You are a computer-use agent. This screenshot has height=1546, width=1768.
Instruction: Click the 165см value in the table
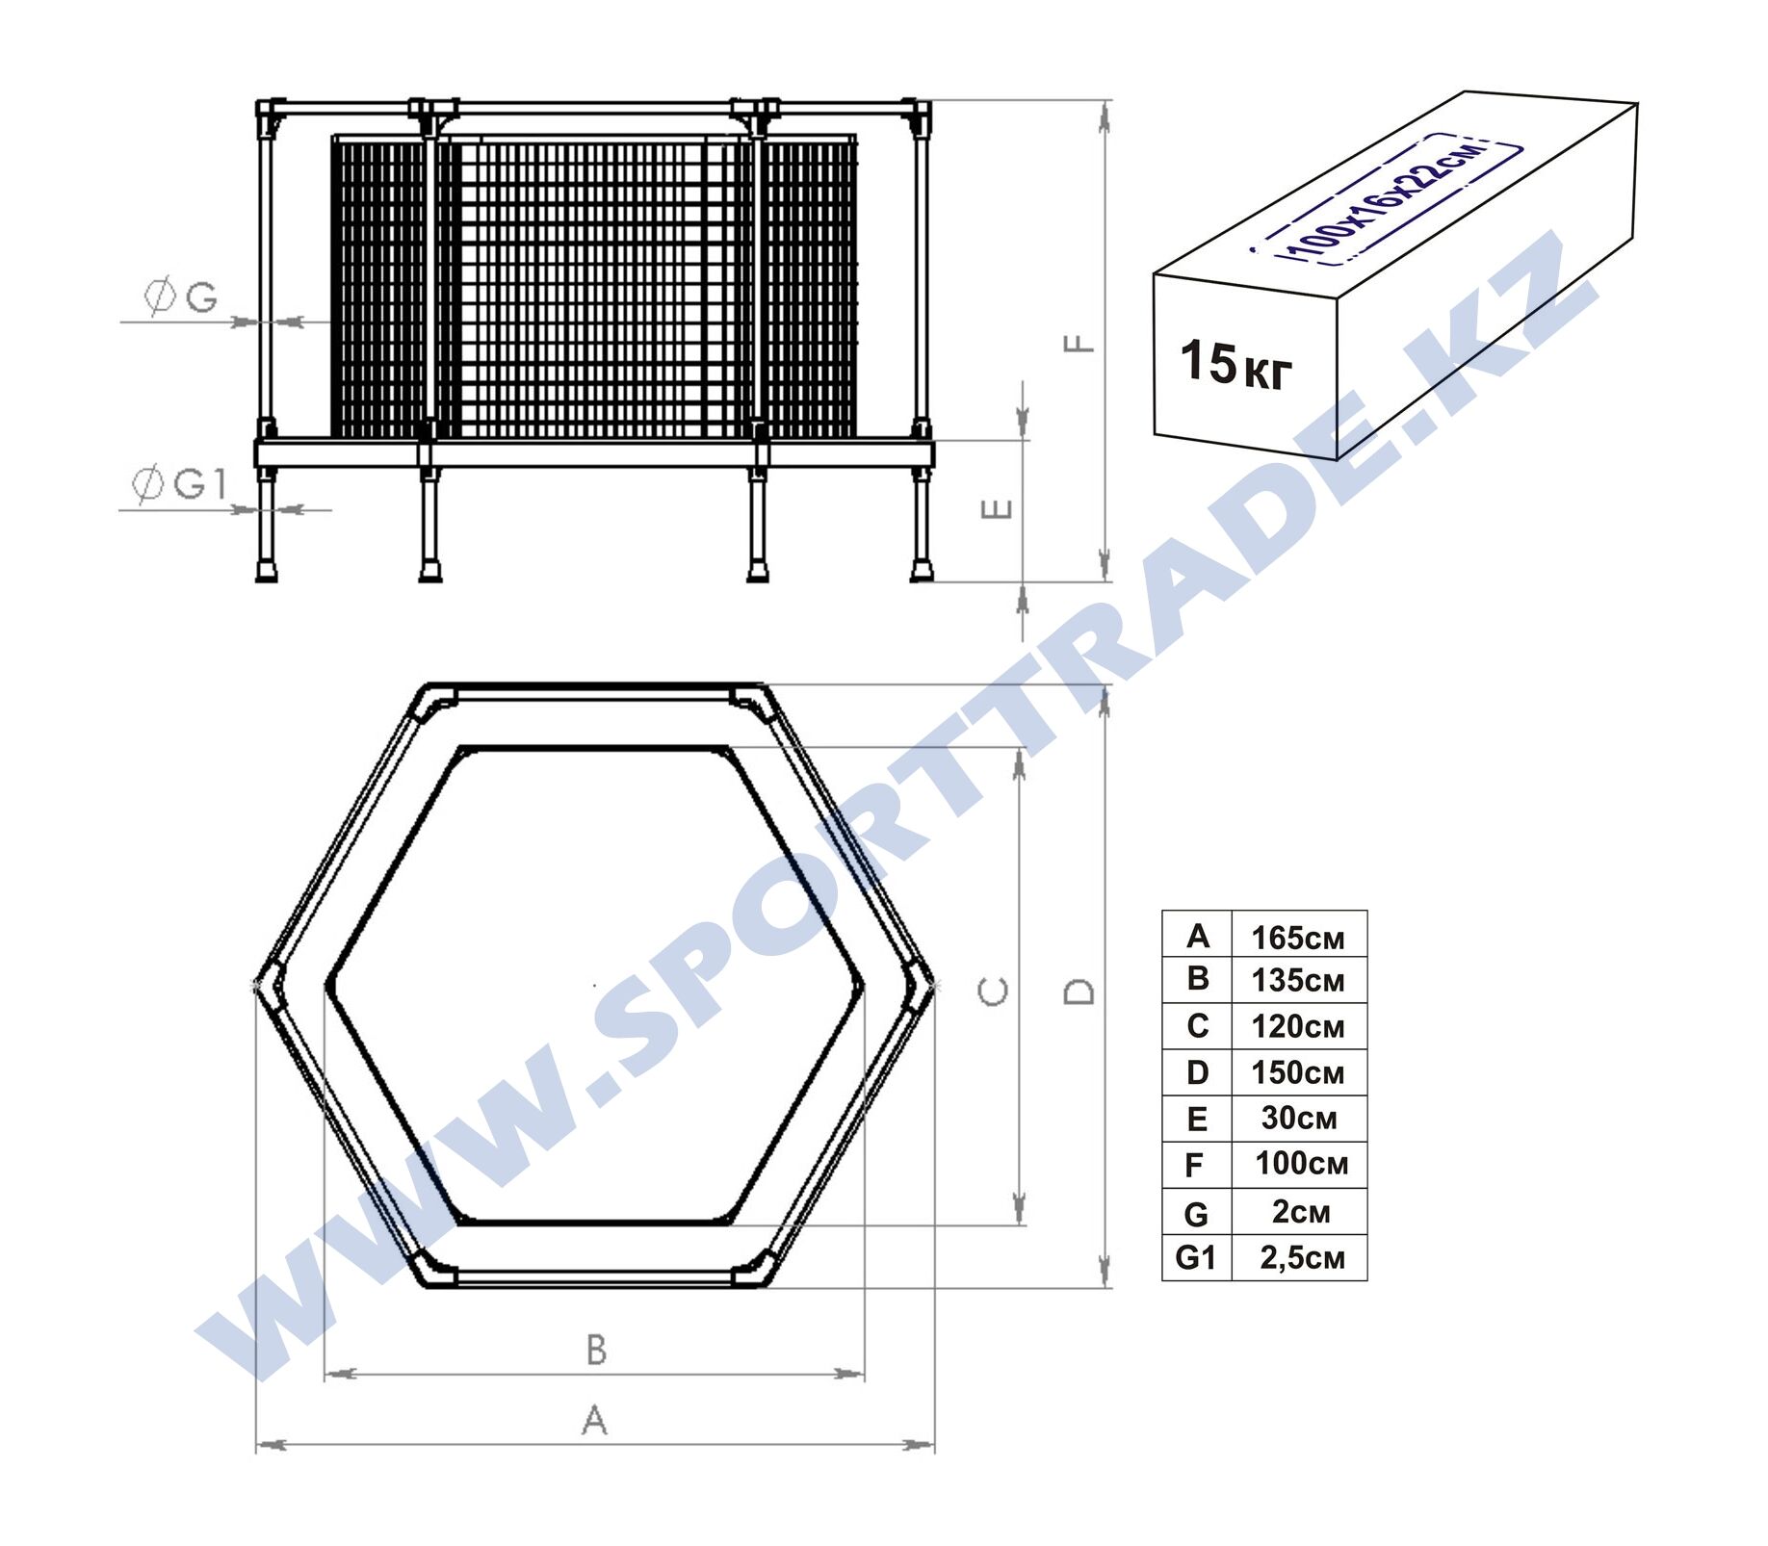[x=1297, y=937]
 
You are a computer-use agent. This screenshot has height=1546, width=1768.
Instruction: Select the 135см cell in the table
[x=1297, y=980]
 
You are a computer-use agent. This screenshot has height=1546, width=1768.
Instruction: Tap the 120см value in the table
[x=1297, y=1026]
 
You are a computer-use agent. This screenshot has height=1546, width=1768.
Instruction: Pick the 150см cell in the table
[x=1297, y=1072]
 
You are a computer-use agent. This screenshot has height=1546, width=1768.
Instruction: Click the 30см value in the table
[x=1299, y=1118]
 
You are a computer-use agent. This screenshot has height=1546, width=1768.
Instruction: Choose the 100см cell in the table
[x=1301, y=1163]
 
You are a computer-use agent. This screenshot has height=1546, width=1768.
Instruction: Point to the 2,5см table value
[x=1302, y=1257]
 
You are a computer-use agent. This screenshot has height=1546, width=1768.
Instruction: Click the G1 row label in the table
[x=1196, y=1257]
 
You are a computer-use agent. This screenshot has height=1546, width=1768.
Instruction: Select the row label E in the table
[x=1197, y=1119]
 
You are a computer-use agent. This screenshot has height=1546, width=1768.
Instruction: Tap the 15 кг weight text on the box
[x=1236, y=364]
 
